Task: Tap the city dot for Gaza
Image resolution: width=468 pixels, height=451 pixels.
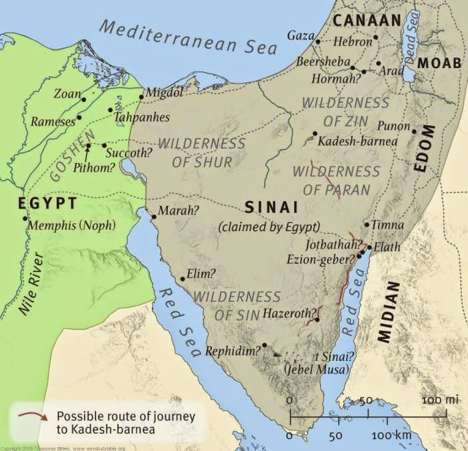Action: [318, 41]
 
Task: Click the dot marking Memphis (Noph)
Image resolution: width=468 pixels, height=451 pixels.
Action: [25, 218]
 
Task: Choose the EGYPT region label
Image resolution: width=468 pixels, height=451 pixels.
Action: [39, 202]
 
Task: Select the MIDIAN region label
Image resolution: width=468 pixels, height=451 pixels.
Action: [388, 311]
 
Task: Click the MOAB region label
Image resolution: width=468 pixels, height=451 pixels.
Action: [439, 63]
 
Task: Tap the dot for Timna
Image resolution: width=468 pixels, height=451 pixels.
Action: [366, 224]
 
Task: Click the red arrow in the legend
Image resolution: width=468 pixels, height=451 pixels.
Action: [33, 416]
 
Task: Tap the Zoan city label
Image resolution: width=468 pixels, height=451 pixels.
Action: [67, 94]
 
